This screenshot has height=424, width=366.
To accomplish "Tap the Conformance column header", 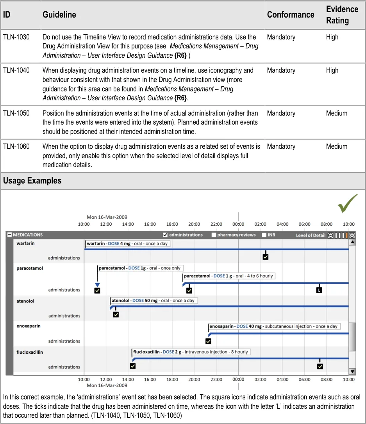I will tap(290, 15).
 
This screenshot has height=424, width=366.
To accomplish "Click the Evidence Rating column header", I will tap(342, 15).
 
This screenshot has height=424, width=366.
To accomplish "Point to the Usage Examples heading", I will tap(32, 181).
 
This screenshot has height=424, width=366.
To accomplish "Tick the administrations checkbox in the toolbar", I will tap(165, 235).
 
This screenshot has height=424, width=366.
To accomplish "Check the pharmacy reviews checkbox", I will tap(214, 235).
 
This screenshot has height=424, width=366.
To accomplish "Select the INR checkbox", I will tap(264, 235).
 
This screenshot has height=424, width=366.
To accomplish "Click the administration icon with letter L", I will tap(319, 290).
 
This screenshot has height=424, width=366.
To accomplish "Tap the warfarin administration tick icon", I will tap(266, 257).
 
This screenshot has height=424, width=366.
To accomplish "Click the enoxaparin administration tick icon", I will tap(208, 341).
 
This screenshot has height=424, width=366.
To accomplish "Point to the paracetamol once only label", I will tap(140, 268).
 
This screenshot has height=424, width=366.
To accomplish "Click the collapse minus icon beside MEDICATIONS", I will tap(9, 235).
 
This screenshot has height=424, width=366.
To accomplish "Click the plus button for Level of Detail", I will tap(352, 235).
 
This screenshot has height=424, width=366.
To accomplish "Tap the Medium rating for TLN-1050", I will tap(336, 113).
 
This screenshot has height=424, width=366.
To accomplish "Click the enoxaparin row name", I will tap(29, 326).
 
